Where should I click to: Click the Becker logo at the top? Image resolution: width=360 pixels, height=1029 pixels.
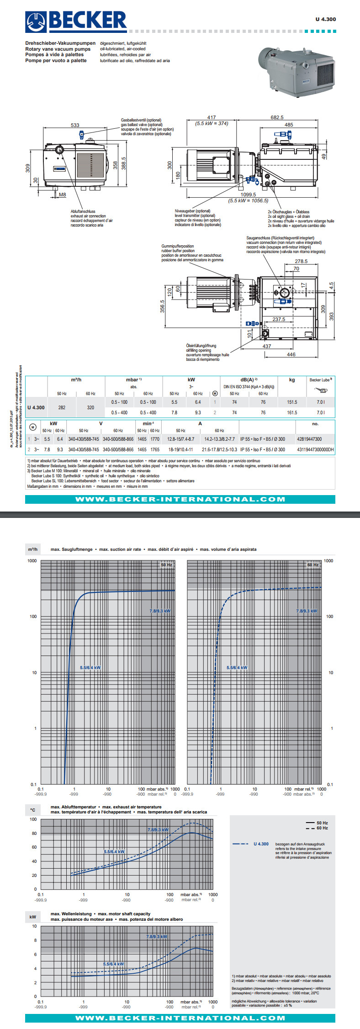76,21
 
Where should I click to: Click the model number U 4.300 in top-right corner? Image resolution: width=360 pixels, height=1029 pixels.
325,19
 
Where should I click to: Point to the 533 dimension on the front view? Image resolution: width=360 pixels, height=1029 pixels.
75,125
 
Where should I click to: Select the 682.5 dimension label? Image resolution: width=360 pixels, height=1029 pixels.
277,117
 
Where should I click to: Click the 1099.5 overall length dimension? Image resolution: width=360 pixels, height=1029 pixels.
249,195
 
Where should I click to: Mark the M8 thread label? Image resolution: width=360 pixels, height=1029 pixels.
62,195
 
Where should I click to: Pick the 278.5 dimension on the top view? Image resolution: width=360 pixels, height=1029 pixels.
301,261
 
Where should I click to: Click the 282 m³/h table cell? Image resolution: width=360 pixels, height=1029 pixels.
62,407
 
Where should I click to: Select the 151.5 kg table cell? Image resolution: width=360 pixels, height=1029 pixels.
292,402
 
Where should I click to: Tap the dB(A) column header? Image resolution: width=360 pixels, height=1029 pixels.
249,380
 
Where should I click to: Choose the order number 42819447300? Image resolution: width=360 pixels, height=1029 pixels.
309,439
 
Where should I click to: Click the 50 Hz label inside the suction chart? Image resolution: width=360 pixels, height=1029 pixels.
166,565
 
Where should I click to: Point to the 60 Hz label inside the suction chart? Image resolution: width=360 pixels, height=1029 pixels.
313,565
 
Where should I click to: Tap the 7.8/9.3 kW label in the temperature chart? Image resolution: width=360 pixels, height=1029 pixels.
158,829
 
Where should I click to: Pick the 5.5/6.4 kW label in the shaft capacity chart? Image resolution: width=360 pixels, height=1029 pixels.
113,964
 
